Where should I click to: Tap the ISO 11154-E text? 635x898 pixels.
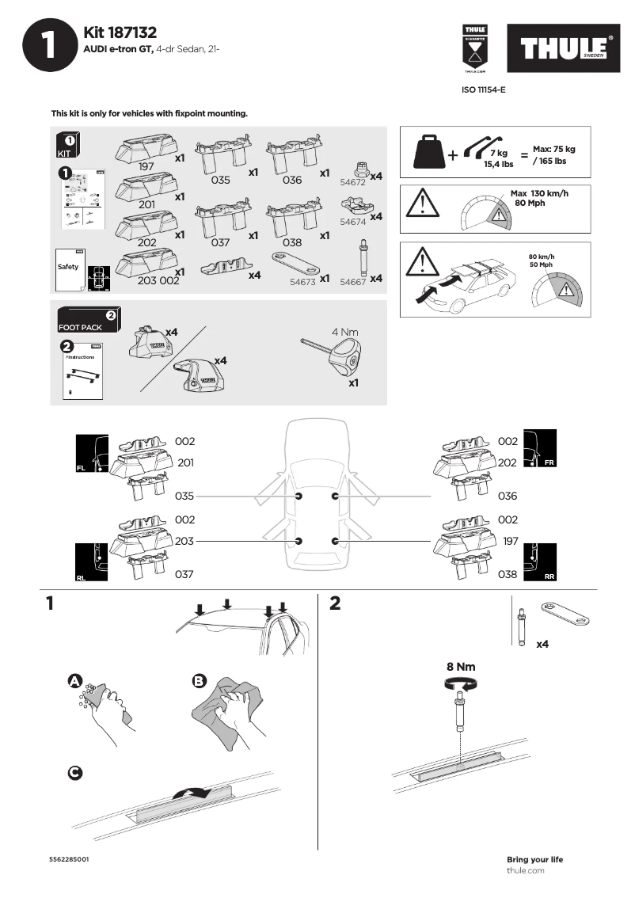pos(483,90)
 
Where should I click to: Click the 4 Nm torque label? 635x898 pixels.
pos(345,332)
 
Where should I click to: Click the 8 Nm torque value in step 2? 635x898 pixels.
pos(461,667)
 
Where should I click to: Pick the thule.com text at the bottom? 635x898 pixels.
pos(525,870)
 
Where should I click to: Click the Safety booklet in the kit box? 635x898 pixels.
pos(68,268)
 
